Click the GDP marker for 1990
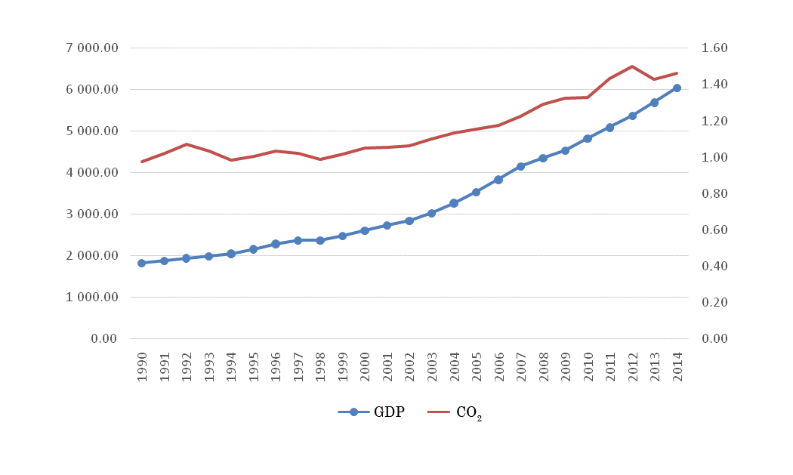tap(141, 263)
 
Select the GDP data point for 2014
tap(677, 88)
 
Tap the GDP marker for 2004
tap(454, 203)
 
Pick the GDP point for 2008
tap(543, 158)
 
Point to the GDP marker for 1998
tap(320, 240)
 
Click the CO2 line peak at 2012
tap(632, 66)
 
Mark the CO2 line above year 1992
tap(186, 144)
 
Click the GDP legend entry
tap(372, 412)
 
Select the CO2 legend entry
tap(455, 412)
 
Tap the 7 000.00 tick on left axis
tap(92, 48)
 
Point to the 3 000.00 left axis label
tap(92, 214)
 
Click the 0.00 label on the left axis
tap(103, 339)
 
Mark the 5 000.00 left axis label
tap(92, 131)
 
